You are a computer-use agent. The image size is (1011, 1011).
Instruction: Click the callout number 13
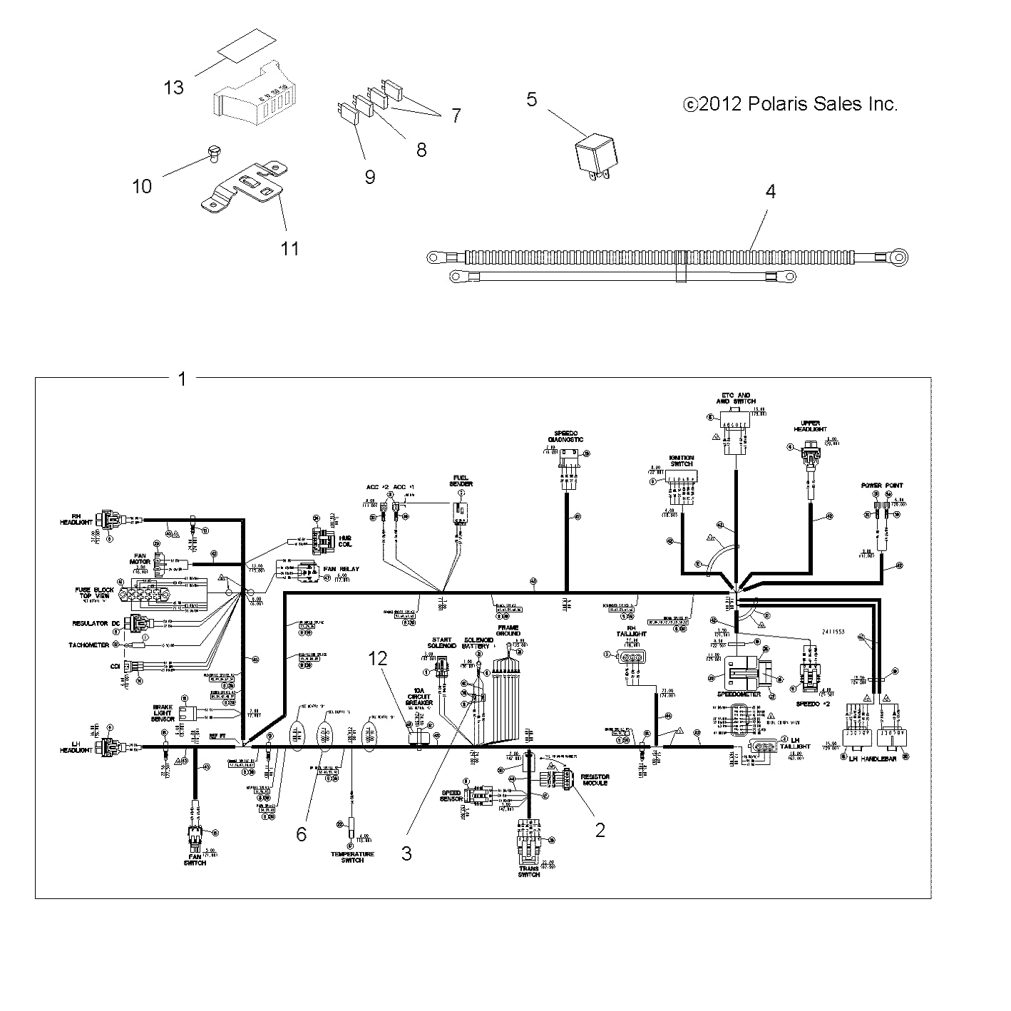tap(173, 88)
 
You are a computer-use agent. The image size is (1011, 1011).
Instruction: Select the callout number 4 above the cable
tap(770, 192)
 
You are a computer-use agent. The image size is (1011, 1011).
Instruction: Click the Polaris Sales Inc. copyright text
tap(790, 104)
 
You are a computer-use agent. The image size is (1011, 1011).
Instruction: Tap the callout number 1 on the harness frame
tap(183, 379)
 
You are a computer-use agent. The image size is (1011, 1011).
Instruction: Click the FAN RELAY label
tap(342, 569)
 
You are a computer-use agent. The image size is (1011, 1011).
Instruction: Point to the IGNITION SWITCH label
tap(681, 461)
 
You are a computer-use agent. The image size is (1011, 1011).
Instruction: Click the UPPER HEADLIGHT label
tap(811, 426)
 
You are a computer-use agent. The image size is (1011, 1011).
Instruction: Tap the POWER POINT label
tap(882, 486)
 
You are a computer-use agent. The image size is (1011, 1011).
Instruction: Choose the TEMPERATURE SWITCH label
tap(352, 857)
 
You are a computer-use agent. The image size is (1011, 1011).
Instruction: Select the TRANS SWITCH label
tap(529, 871)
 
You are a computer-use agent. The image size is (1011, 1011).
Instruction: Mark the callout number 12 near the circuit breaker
tap(377, 660)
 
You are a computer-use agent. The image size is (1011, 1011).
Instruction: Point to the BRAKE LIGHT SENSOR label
tap(163, 713)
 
